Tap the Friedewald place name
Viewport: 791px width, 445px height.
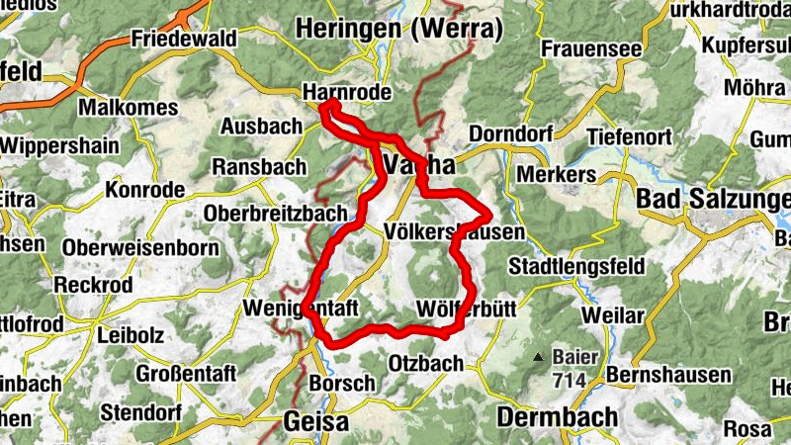click(x=183, y=40)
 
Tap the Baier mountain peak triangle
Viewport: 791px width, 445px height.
click(x=538, y=357)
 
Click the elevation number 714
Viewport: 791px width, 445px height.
click(x=571, y=380)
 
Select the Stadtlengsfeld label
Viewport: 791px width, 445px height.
click(x=575, y=266)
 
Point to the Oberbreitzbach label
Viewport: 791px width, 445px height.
click(x=276, y=213)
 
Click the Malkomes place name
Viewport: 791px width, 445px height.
click(x=126, y=106)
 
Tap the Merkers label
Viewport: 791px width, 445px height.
click(x=557, y=174)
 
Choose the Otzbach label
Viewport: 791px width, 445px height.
click(x=426, y=363)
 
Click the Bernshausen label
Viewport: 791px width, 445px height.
click(x=669, y=375)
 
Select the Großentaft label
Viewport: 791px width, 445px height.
click(x=184, y=375)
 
